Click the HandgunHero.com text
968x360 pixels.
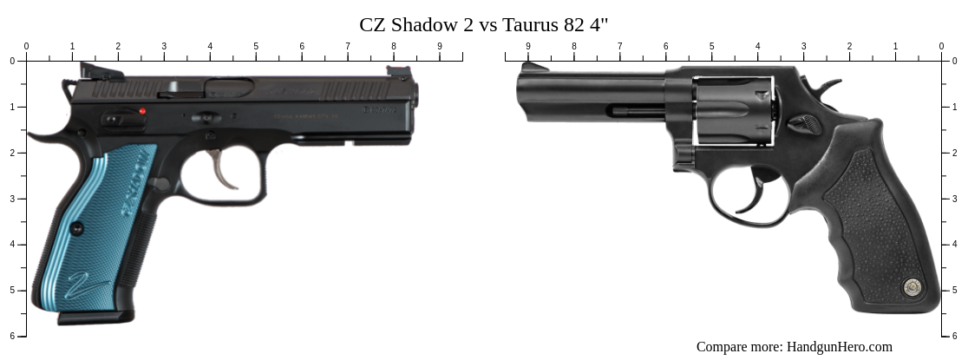(x=839, y=347)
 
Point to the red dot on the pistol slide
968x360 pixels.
(x=143, y=111)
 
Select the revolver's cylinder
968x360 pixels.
(x=733, y=111)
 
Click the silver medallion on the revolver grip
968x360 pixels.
(x=912, y=286)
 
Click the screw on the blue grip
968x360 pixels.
(x=76, y=229)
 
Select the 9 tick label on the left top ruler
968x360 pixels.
(x=439, y=46)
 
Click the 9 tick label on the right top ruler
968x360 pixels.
(x=528, y=46)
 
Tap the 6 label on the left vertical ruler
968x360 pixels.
(x=12, y=336)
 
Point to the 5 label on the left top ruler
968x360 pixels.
(x=256, y=46)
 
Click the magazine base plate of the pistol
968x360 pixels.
(x=95, y=318)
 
